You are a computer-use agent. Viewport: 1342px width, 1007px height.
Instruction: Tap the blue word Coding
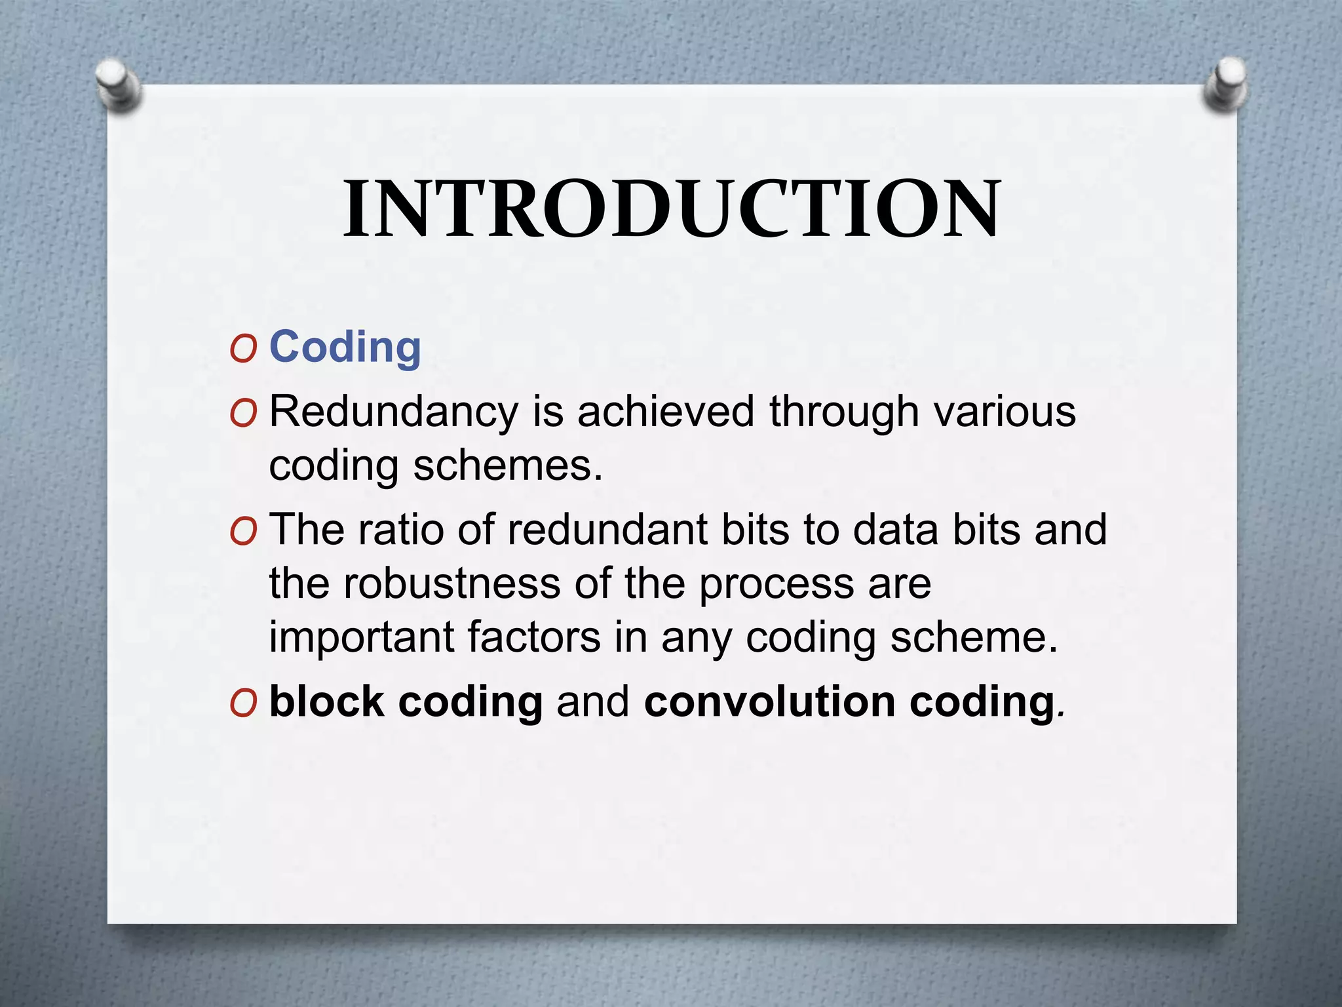345,347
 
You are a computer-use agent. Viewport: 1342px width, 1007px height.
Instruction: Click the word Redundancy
393,413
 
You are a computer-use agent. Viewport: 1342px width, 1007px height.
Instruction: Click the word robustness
451,583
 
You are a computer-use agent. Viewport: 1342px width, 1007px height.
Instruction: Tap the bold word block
326,701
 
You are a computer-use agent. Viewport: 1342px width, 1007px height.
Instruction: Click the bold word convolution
769,701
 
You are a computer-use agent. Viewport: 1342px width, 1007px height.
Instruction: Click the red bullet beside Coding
243,350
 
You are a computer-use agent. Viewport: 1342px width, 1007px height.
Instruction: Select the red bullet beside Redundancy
243,414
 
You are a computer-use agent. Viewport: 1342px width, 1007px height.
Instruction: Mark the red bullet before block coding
243,704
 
